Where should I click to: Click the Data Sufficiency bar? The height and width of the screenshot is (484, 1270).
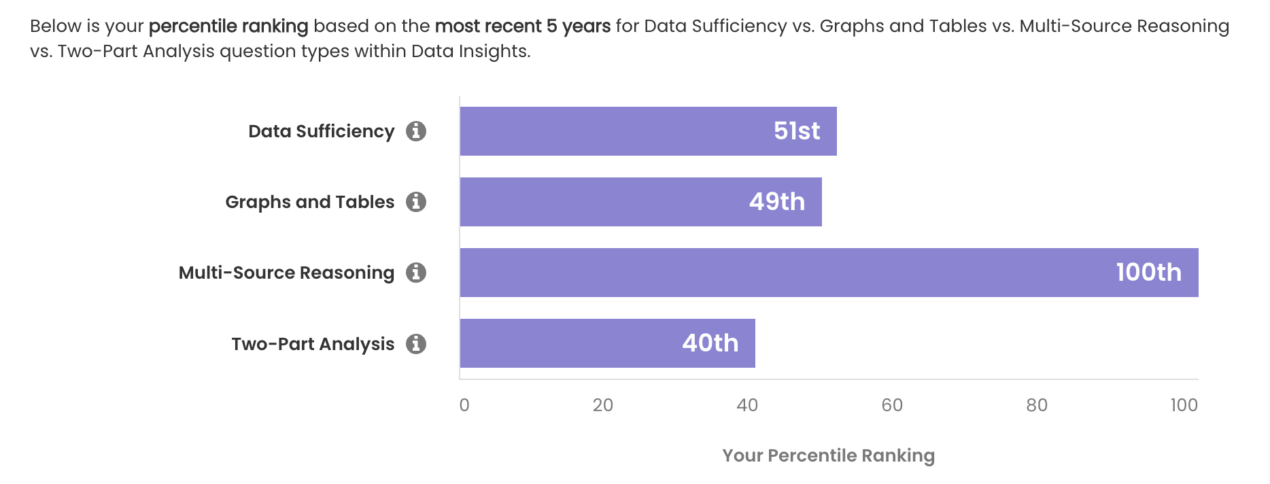pos(612,131)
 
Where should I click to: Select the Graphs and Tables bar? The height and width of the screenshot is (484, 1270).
pos(598,202)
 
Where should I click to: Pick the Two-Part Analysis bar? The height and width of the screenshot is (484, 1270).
pos(564,343)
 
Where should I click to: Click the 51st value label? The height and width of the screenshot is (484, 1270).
pos(797,131)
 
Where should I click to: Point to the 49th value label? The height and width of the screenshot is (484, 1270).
pos(777,202)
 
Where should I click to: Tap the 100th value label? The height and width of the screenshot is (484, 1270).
pos(1148,273)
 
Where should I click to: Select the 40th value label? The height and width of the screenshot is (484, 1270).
pos(710,343)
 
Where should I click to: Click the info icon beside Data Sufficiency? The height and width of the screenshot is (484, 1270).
pos(416,131)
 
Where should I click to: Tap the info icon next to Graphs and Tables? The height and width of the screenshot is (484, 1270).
pos(416,202)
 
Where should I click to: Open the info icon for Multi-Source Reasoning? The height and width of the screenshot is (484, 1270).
pos(416,273)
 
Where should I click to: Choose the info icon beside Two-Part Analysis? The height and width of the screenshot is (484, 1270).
pos(416,344)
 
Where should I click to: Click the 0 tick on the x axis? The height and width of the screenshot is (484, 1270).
pos(464,405)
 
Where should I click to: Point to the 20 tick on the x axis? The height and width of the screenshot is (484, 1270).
pos(603,405)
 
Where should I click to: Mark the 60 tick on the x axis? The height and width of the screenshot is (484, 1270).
pos(892,405)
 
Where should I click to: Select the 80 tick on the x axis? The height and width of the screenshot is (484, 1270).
pos(1037,405)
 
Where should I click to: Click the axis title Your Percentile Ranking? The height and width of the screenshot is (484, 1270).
pos(828,455)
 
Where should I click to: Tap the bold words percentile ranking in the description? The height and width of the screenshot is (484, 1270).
pos(228,27)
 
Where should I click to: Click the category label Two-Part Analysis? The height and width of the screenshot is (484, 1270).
pos(313,344)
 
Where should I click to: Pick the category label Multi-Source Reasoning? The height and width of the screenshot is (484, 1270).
pos(286,273)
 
